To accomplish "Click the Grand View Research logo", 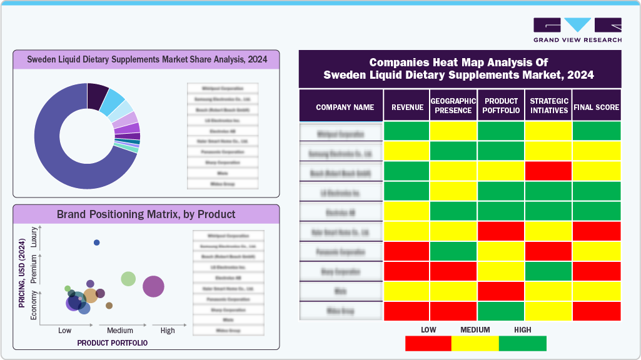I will click(x=577, y=30).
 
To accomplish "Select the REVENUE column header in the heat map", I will click(x=407, y=107).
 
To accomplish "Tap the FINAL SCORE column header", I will click(x=597, y=107).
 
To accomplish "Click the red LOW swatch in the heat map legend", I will click(x=428, y=343).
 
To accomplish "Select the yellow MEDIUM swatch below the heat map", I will click(x=475, y=343).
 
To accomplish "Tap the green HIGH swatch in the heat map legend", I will click(x=523, y=343).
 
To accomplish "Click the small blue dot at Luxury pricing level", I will click(x=96, y=242).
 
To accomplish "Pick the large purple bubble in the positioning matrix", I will click(x=153, y=287).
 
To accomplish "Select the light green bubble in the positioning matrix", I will click(x=128, y=279).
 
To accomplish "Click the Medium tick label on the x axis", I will click(x=120, y=330).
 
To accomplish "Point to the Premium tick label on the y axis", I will click(x=34, y=271).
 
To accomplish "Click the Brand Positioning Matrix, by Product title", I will click(x=146, y=214).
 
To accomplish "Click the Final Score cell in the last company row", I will click(x=597, y=311).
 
